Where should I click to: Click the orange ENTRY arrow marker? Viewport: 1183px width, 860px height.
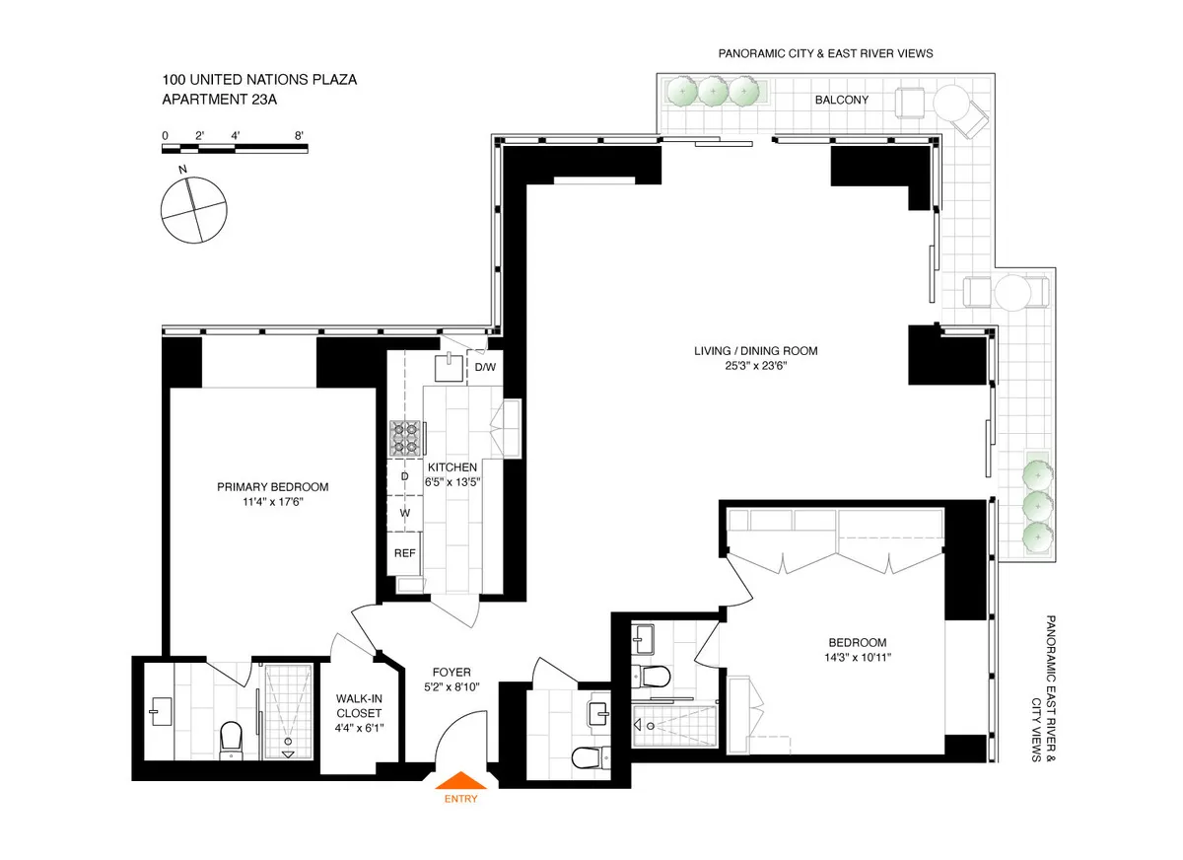pos(460,781)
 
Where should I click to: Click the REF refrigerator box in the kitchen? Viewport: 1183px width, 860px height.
pos(404,553)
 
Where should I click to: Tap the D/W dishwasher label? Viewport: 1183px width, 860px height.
pos(485,368)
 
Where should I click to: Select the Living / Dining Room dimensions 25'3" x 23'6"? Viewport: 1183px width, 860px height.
pos(754,366)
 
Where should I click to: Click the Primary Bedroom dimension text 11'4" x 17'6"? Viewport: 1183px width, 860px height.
pos(273,502)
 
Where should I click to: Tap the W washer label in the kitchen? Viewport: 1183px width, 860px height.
pos(404,513)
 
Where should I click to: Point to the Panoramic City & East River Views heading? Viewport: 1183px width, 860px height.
pos(824,53)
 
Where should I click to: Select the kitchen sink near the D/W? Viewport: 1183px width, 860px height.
pos(449,367)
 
